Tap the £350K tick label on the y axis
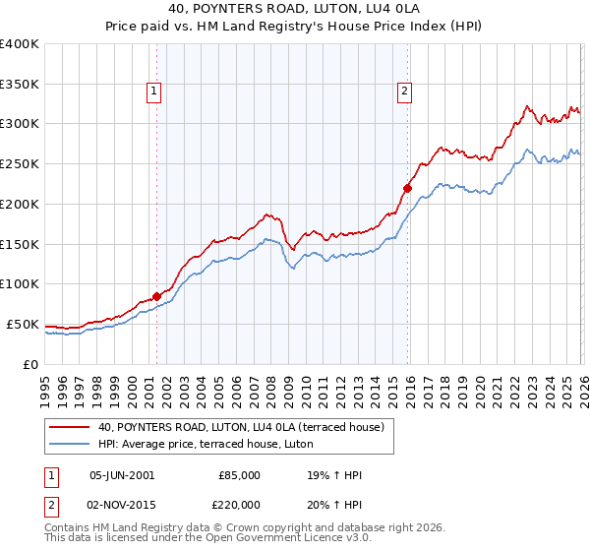click(20, 85)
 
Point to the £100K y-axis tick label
click(20, 284)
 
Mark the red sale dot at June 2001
click(156, 295)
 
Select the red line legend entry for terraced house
click(246, 427)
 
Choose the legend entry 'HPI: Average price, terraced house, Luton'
click(206, 444)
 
